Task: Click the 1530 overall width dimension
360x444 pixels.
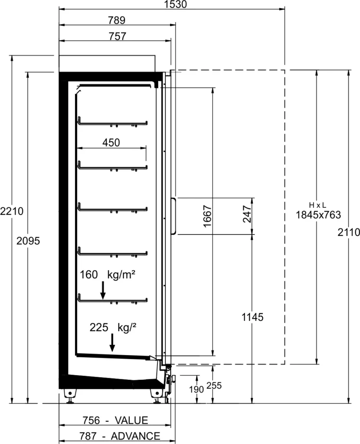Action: pos(176,4)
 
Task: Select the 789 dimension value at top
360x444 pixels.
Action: pos(117,20)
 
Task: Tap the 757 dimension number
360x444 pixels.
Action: pos(117,36)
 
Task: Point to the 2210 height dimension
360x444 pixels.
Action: pos(12,211)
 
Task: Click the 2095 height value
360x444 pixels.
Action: pos(28,241)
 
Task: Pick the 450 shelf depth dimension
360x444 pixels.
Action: pos(111,142)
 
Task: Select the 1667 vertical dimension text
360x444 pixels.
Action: pos(208,216)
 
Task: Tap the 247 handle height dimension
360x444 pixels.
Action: pos(247,214)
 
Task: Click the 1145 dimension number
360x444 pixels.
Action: pos(252,317)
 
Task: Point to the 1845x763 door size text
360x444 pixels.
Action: pos(318,215)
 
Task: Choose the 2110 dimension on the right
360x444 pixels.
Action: pos(349,232)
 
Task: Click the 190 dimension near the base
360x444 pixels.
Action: pos(196,389)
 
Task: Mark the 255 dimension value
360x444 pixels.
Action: pos(214,385)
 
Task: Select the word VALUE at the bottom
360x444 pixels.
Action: pos(131,420)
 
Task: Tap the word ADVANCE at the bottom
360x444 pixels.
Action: pos(136,436)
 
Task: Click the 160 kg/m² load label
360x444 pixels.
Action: pos(107,274)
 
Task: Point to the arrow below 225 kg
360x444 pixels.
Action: pos(112,343)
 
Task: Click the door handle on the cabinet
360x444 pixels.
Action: pos(173,216)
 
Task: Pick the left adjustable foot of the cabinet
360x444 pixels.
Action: pos(70,395)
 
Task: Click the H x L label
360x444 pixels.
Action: pos(317,205)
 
